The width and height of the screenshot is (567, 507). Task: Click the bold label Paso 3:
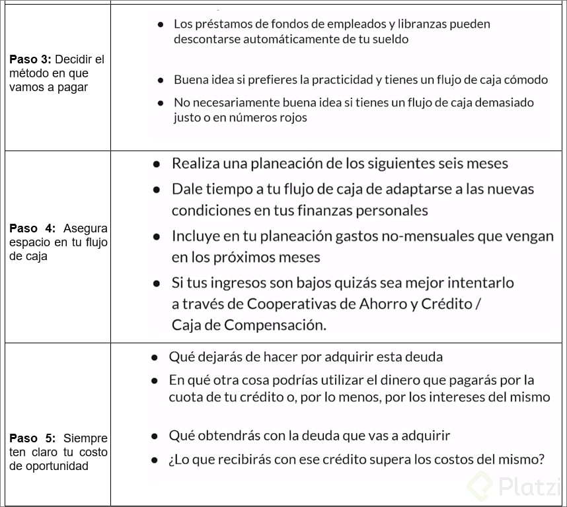[x=29, y=59]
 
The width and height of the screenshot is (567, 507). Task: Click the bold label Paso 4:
[x=32, y=228]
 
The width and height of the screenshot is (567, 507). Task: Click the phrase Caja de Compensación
[x=249, y=325]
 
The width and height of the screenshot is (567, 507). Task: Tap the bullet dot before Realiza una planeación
[x=157, y=164]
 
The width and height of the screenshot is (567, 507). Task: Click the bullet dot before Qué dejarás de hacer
[x=154, y=357]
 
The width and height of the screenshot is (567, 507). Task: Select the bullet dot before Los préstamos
[x=161, y=24]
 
